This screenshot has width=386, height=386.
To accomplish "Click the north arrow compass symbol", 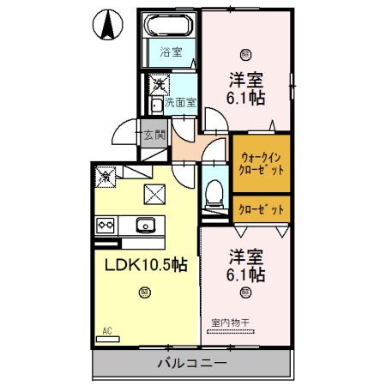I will point(110,25).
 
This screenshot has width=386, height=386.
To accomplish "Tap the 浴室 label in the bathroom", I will point(171,52).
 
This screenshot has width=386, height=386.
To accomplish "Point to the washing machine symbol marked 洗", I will point(159,84).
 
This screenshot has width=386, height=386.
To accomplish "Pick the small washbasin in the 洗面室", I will point(154,106).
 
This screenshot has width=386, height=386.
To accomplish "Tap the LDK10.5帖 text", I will point(140,265).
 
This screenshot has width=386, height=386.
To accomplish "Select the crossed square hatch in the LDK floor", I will point(154,194).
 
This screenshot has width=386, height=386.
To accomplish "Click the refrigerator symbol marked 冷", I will point(105,176).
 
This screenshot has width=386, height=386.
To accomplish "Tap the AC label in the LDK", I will point(107,330).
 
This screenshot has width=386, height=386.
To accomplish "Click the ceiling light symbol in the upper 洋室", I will point(246,53).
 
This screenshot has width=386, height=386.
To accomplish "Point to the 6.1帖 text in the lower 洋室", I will point(246,274).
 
